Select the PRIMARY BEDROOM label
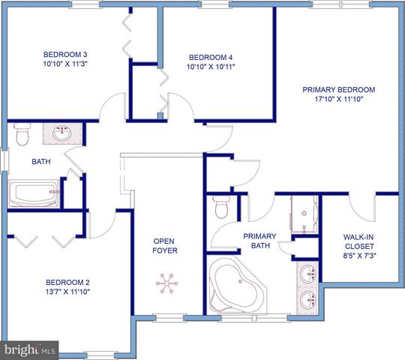pos(338,90)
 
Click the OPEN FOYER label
pos(165,246)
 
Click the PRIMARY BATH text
pos(259,241)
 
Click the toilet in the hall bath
pos(21,136)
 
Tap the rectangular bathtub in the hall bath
pos(34,193)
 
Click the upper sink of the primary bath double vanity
pos(307,275)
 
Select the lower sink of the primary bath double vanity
pos(307,301)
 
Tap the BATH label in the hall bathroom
pos(40,161)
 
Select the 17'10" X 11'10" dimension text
pos(338,100)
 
